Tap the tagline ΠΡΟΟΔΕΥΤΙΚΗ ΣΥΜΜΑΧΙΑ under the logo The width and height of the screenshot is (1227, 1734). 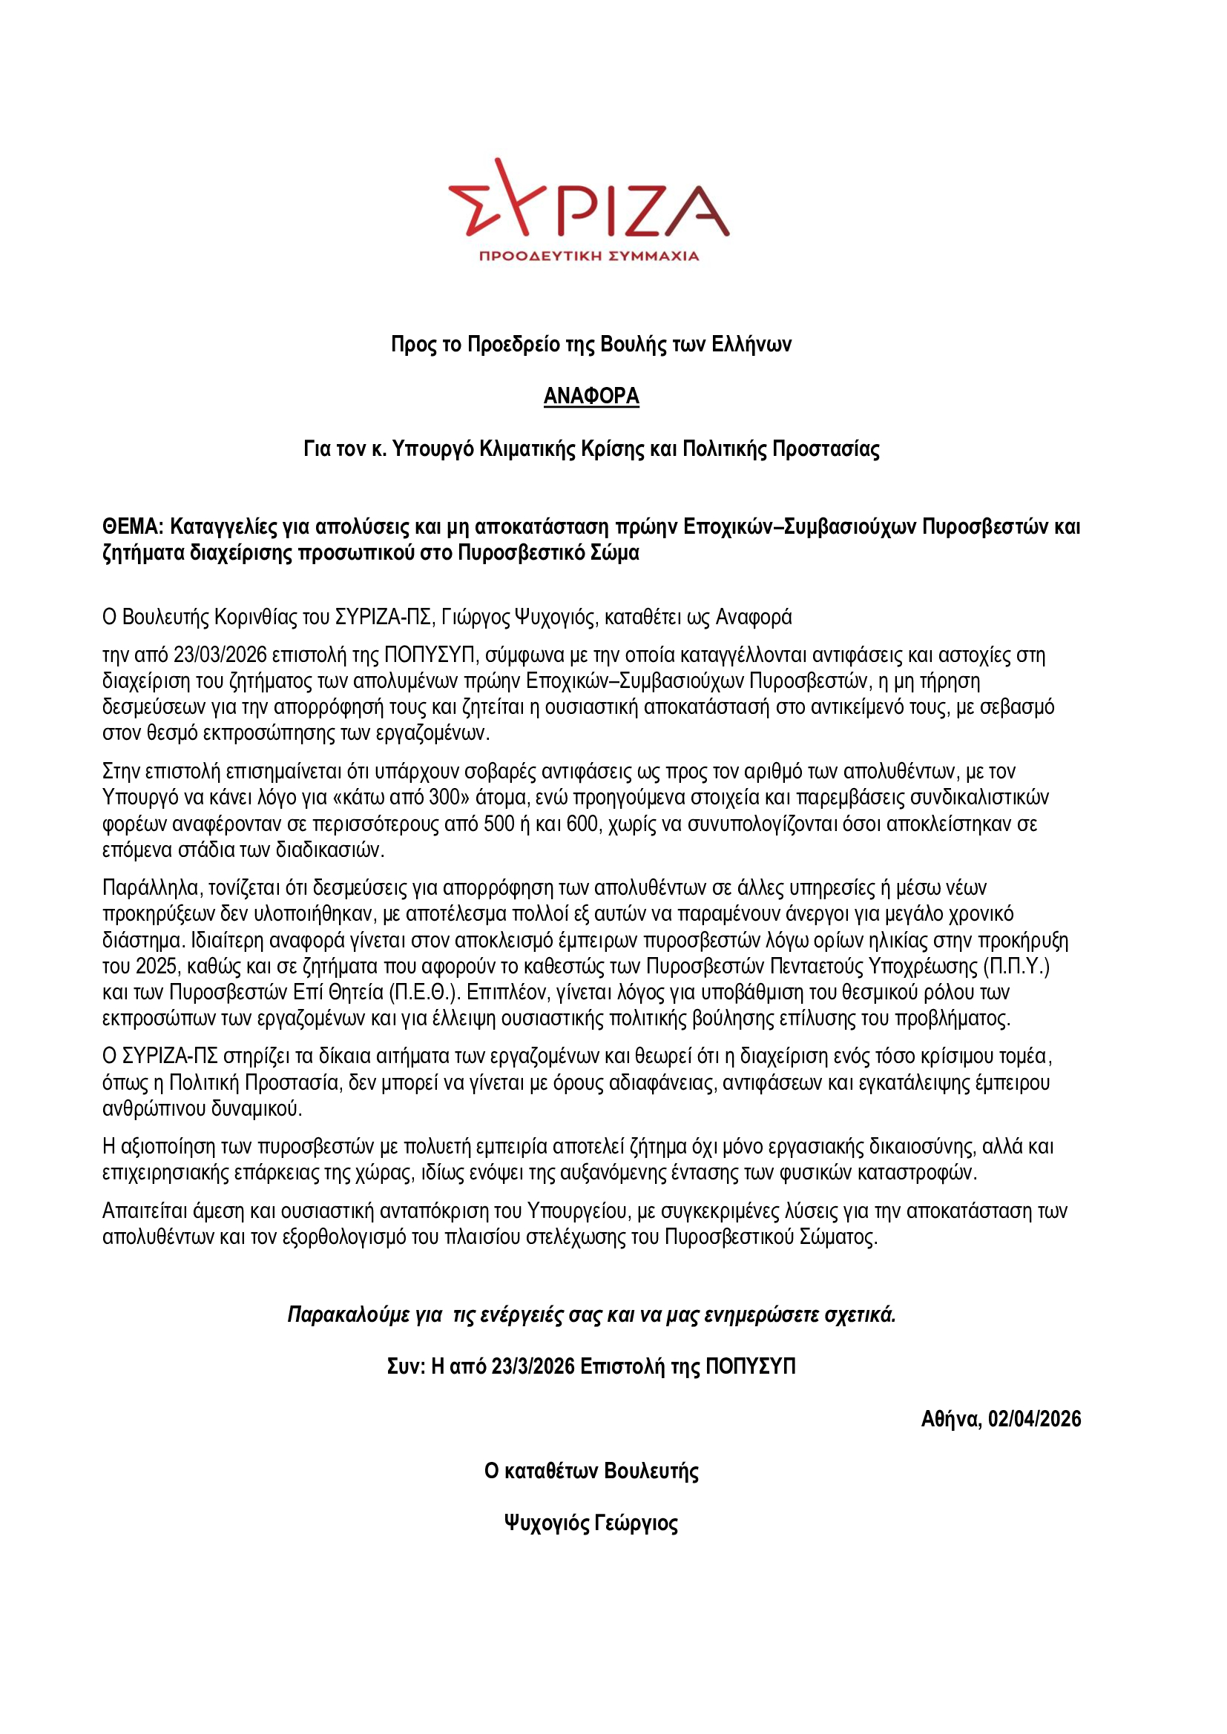click(589, 256)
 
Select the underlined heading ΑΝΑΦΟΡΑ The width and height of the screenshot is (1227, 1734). click(591, 396)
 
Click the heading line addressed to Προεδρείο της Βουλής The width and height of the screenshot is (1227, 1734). click(591, 345)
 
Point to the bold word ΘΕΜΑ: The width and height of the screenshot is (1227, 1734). click(133, 526)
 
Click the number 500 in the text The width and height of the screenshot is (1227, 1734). click(499, 823)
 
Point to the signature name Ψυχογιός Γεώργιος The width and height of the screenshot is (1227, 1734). click(591, 1523)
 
